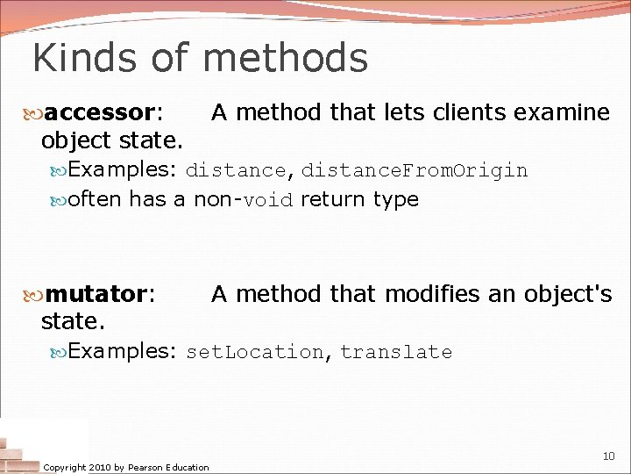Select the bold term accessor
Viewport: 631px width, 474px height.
pos(100,112)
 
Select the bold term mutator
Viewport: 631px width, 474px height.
pos(96,294)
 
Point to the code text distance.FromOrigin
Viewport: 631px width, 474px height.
pos(415,170)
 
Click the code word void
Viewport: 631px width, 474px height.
pos(268,200)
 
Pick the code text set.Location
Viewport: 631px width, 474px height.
pos(255,352)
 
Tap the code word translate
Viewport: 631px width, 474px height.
pos(396,352)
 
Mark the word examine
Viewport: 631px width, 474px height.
pos(562,112)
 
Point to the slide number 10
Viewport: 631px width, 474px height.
pos(608,456)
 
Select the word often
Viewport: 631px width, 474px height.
pos(95,199)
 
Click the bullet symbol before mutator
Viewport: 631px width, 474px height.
pos(35,295)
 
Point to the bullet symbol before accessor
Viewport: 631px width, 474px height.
pos(35,113)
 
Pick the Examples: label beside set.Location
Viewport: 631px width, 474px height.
pos(124,351)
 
